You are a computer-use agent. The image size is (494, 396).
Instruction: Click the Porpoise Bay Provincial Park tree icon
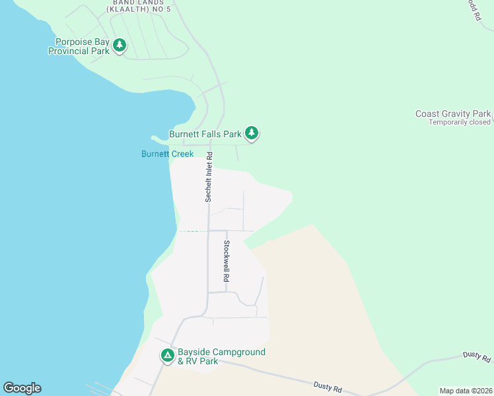tap(119, 45)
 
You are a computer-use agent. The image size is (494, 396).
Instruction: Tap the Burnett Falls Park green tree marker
tap(251, 133)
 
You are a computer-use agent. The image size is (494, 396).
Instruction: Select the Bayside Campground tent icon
tap(168, 355)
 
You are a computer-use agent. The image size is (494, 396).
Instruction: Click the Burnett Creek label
tap(167, 154)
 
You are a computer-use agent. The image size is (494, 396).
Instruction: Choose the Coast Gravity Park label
tap(452, 114)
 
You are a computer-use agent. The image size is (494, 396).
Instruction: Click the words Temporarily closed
tap(459, 122)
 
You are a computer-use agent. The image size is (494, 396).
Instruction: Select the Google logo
tap(22, 388)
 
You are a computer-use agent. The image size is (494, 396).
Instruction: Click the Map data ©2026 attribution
tap(465, 391)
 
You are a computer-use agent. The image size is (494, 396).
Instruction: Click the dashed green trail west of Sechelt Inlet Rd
tap(190, 231)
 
